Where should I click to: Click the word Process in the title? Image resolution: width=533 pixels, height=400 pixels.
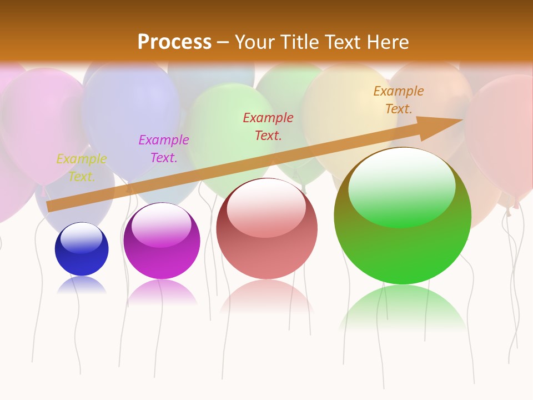(174, 42)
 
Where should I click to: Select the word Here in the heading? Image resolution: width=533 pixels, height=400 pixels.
(389, 42)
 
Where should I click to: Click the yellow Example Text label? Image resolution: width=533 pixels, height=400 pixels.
(82, 167)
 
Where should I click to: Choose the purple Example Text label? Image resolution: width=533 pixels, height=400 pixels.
(164, 148)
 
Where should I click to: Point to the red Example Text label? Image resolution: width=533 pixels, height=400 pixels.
(268, 126)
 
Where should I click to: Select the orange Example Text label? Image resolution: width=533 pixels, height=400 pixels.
(399, 99)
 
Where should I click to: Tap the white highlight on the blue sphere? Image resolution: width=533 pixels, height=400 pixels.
(82, 237)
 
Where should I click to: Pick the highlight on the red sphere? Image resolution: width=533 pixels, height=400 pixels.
(266, 207)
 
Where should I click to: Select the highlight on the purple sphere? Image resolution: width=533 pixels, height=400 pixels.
(162, 223)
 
